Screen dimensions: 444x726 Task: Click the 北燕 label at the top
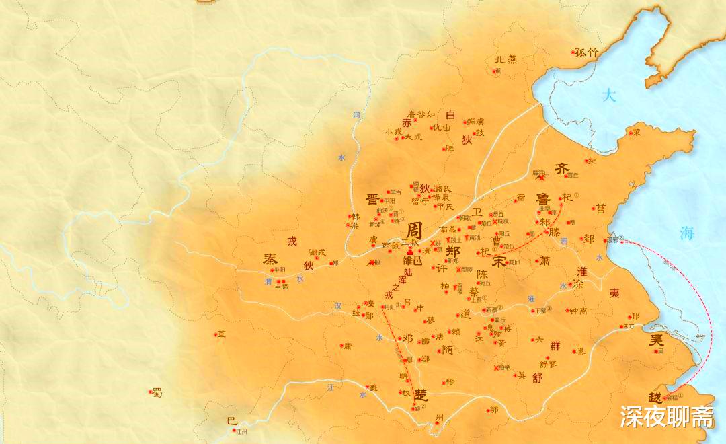tap(506, 59)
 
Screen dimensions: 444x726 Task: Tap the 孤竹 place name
tap(587, 52)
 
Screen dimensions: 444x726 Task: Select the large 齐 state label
tap(562, 169)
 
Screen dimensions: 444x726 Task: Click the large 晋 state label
tap(371, 198)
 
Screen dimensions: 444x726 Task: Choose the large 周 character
tap(415, 228)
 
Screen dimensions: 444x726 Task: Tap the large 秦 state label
tap(270, 259)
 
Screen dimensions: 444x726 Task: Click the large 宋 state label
tap(499, 261)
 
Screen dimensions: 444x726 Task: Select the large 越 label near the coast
tap(654, 398)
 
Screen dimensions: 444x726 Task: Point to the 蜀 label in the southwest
tap(157, 393)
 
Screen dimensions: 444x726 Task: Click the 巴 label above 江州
tap(231, 421)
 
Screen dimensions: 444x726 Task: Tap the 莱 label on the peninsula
tap(637, 133)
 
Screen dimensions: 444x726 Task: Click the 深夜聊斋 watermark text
tap(666, 416)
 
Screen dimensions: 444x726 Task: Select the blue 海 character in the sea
tap(686, 233)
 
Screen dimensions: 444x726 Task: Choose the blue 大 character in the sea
tap(609, 95)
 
